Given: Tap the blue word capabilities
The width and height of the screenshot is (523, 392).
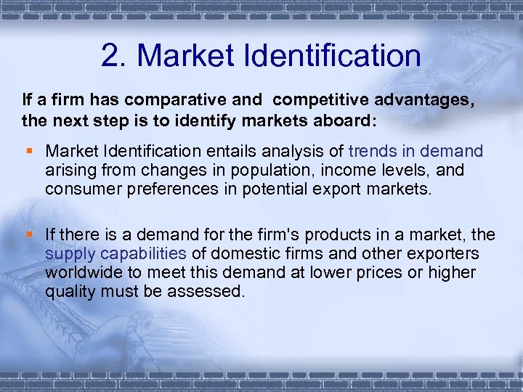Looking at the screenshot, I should coord(143,254).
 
